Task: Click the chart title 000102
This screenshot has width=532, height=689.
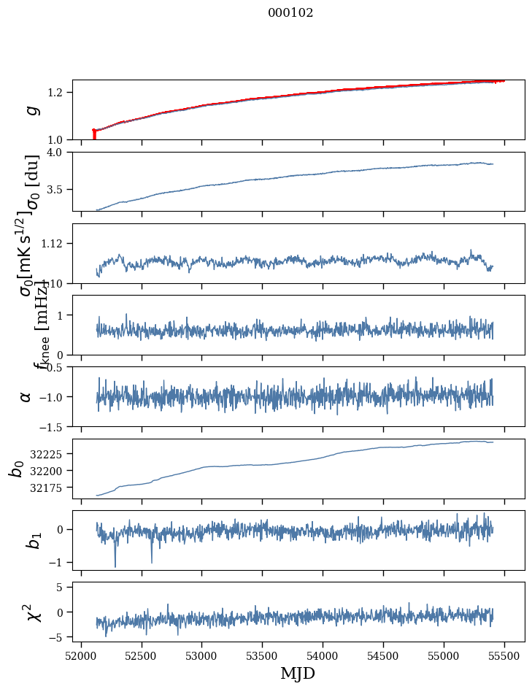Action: tap(290, 13)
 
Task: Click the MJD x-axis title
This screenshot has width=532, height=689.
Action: tap(298, 673)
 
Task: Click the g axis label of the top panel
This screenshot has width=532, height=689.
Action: tap(30, 109)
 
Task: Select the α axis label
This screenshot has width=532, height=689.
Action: tap(26, 396)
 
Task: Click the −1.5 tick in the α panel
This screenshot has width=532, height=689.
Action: tap(55, 426)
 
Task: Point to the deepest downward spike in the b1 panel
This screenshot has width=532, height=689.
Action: tap(115, 566)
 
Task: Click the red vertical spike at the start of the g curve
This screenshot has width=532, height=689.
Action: tap(94, 134)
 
